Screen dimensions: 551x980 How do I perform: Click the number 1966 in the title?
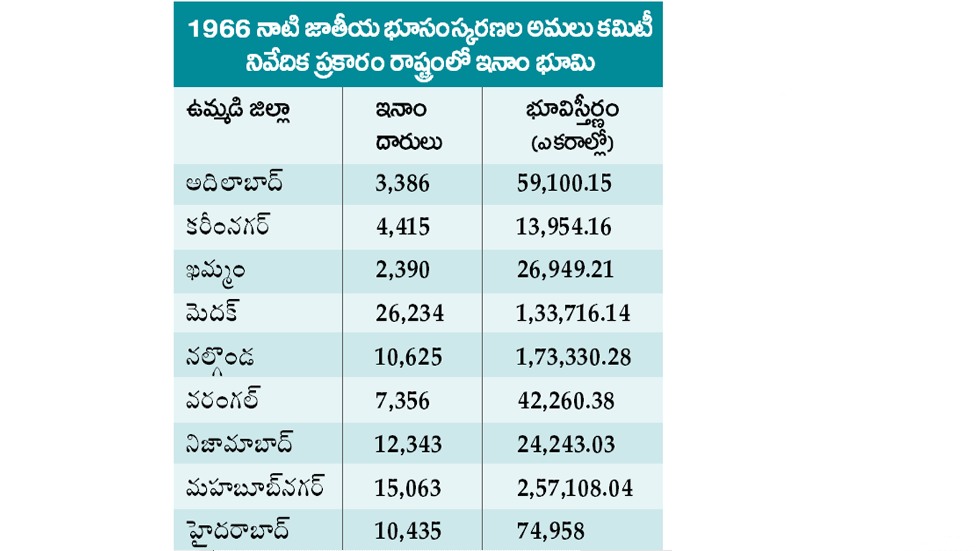pyautogui.click(x=218, y=30)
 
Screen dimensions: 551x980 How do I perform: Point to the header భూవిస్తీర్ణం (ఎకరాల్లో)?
pyautogui.click(x=572, y=126)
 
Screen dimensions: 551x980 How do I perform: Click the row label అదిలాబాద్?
pyautogui.click(x=234, y=183)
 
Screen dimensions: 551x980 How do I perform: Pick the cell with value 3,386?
pyautogui.click(x=402, y=184)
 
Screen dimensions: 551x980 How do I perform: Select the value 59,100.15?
pyautogui.click(x=565, y=184)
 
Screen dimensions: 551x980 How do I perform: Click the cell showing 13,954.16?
pyautogui.click(x=564, y=227)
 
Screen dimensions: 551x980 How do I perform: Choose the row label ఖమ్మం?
pyautogui.click(x=216, y=270)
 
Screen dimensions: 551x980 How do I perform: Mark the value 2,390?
pyautogui.click(x=402, y=270)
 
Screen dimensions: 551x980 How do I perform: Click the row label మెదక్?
pyautogui.click(x=212, y=313)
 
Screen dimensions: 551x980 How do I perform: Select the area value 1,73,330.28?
pyautogui.click(x=573, y=357)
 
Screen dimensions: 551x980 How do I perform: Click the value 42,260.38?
pyautogui.click(x=566, y=401)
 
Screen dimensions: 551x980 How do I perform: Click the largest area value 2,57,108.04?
pyautogui.click(x=575, y=489)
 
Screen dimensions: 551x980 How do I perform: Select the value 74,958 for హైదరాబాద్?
pyautogui.click(x=551, y=532)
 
